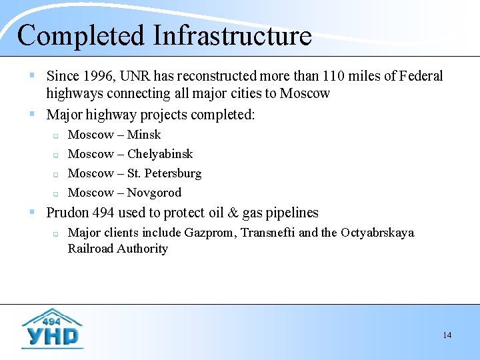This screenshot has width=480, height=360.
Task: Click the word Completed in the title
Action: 81,36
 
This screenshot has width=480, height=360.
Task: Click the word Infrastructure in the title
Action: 232,36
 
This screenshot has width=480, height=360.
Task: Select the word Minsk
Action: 144,135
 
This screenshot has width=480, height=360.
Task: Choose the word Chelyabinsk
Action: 160,154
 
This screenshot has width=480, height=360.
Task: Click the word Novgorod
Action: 154,193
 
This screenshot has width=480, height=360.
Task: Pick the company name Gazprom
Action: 211,233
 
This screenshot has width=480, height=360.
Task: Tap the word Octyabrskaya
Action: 377,233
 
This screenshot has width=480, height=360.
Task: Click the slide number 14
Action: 447,335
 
